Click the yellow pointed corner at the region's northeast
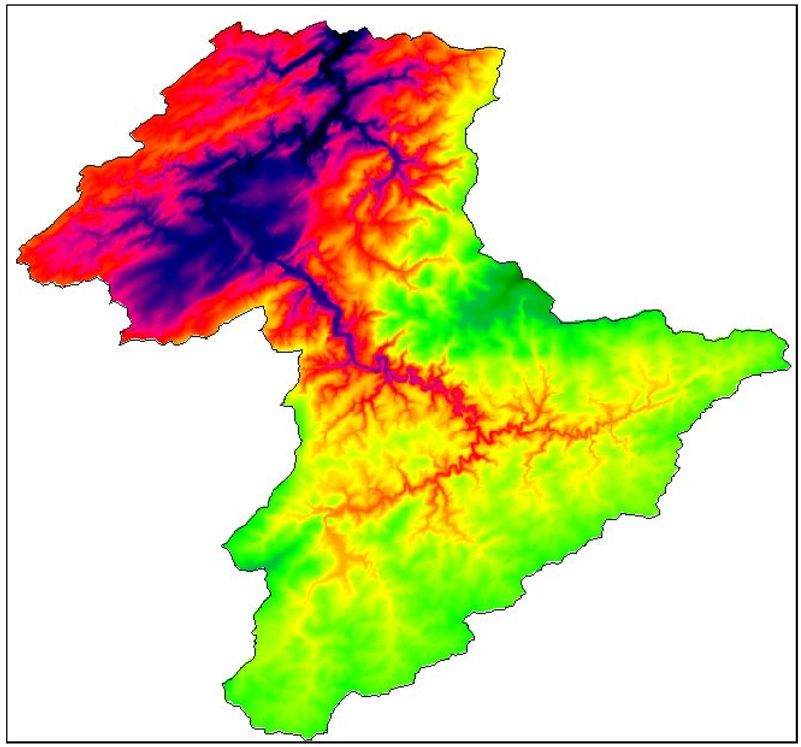(503, 50)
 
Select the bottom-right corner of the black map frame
(796, 742)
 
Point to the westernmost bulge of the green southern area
(224, 545)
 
